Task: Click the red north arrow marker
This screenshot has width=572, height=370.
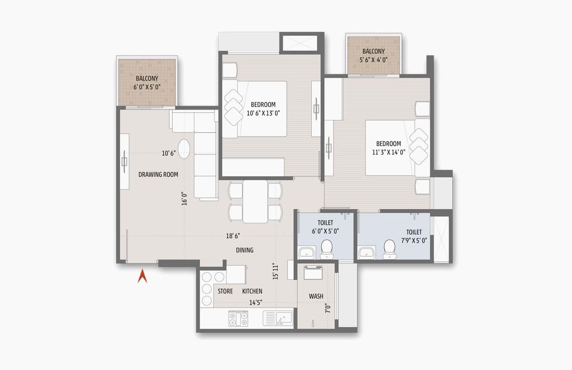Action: tap(142, 276)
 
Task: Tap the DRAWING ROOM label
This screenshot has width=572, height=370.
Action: tap(158, 175)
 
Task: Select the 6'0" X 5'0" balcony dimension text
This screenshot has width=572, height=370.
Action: tap(147, 87)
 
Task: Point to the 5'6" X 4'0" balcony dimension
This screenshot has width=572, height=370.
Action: tap(374, 60)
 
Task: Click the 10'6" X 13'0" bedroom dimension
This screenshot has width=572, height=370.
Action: tap(263, 113)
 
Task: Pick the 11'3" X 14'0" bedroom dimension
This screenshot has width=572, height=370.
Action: tap(388, 152)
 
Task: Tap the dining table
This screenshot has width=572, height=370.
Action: tap(255, 201)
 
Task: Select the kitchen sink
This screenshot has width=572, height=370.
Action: tap(278, 318)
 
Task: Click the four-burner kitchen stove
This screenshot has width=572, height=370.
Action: tap(238, 318)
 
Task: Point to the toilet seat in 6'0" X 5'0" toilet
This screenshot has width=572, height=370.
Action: tap(327, 248)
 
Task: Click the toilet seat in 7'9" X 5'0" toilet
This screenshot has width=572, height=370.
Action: tap(389, 248)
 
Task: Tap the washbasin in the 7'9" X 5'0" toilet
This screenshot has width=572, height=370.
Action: tap(366, 252)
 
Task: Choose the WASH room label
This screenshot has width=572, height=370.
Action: tap(316, 296)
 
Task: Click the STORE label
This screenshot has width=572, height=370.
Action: tap(225, 291)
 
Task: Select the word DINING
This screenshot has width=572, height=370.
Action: tap(245, 250)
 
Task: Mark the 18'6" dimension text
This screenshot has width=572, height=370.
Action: tap(233, 235)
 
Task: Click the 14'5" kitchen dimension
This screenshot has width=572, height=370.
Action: tap(256, 302)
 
